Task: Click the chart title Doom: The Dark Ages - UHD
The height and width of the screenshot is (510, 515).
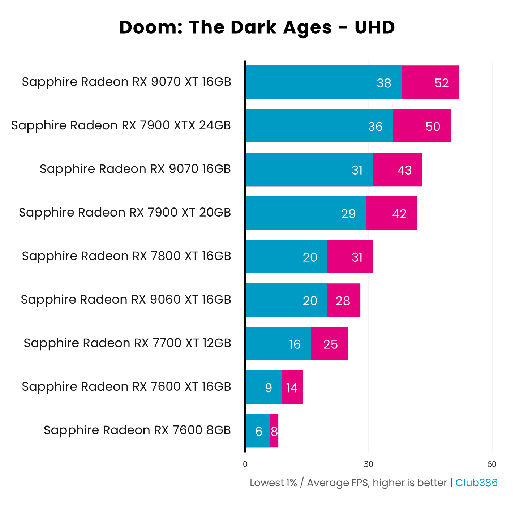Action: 257,27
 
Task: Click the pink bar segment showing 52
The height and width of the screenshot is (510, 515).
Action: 430,82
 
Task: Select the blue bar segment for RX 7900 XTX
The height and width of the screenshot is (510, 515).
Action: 319,126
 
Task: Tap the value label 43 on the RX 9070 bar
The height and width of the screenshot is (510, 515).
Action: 404,170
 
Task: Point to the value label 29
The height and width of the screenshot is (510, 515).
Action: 348,214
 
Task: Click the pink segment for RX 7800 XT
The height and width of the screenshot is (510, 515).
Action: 349,257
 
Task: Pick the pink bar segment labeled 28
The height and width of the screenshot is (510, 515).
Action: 343,300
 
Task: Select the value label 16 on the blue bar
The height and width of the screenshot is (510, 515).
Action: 295,344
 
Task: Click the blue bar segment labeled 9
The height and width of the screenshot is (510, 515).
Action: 264,387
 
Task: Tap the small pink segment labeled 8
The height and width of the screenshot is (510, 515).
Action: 274,431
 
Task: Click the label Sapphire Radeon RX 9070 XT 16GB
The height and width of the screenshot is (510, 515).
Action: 126,82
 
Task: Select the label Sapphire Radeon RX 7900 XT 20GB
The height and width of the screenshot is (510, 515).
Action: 125,213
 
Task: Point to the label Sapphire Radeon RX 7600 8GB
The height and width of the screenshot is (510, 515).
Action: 137,430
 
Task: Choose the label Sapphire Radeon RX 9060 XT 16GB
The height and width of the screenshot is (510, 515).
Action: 126,300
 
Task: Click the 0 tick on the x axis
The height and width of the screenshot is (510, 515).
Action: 245,464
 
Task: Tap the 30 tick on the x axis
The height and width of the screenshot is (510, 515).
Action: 368,464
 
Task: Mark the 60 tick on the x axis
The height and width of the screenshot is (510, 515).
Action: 492,464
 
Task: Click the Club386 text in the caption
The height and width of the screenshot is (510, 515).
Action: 476,483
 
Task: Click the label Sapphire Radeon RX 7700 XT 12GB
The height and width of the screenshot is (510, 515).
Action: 127,343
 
